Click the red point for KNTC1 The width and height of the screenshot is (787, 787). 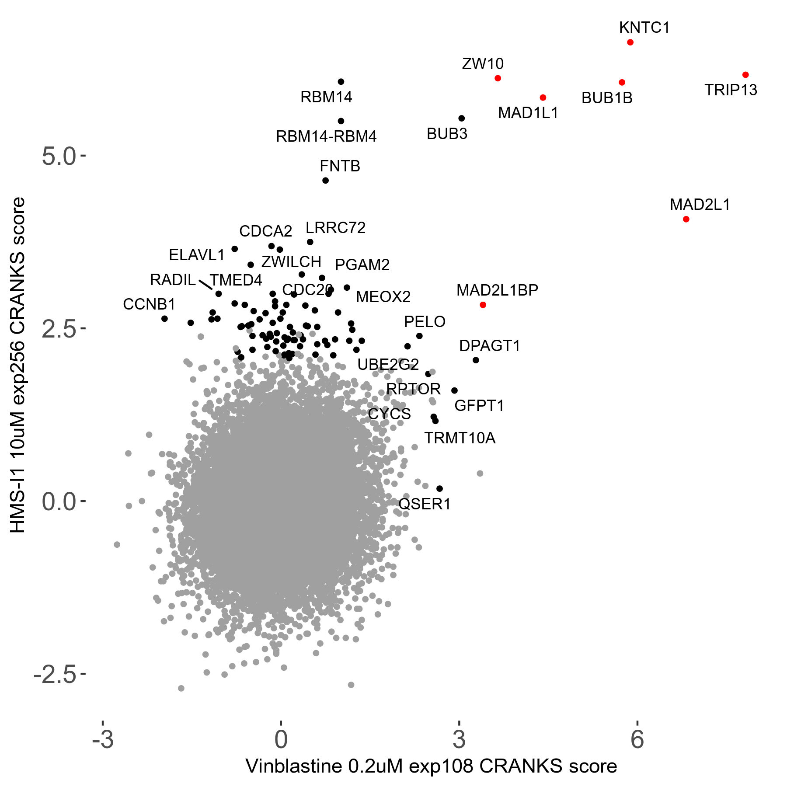point(630,42)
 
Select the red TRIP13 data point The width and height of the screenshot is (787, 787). point(745,75)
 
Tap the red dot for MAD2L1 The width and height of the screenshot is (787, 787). point(686,219)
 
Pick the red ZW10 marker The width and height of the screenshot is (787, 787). point(498,78)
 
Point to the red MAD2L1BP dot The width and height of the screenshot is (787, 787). point(483,305)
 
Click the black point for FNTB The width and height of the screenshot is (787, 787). point(325,181)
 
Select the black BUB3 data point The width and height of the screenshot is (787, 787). point(461,118)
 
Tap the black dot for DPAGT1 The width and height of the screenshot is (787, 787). point(476,360)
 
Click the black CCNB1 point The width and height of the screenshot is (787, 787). point(164,319)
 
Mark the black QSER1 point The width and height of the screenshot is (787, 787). point(440,489)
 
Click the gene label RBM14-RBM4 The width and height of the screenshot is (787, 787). point(326,137)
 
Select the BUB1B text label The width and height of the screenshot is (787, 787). point(607,98)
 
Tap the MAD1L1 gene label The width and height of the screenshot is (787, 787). point(528,113)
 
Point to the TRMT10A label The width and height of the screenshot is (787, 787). point(460,438)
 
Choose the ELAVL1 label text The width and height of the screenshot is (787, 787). point(197,255)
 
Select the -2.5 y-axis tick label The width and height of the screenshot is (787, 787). point(55,675)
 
